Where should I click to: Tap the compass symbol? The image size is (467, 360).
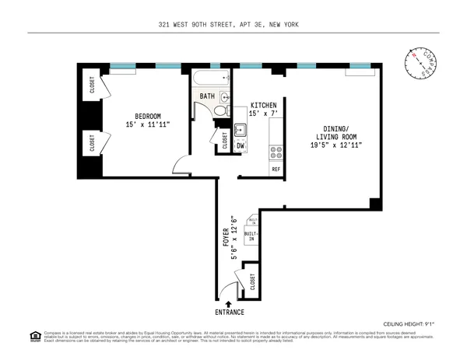421,64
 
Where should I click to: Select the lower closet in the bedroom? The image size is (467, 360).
92,143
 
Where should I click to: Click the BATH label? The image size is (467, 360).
207,96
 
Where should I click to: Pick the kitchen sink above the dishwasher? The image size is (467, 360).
241,131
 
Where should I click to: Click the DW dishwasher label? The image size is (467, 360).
241,145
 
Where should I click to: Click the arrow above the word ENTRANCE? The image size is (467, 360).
228,304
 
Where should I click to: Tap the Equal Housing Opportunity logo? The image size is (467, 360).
34,336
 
